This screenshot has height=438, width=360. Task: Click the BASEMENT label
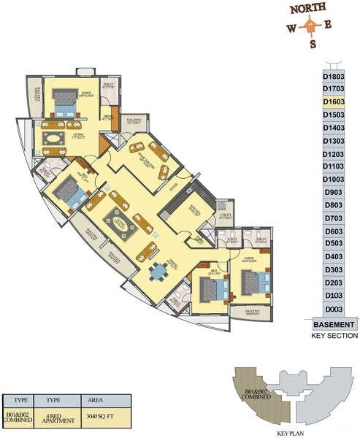tap(334, 324)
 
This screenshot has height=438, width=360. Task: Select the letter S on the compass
tap(313, 44)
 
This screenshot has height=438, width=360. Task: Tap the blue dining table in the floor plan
tap(157, 272)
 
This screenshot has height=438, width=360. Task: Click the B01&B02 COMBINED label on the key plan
tap(255, 381)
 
